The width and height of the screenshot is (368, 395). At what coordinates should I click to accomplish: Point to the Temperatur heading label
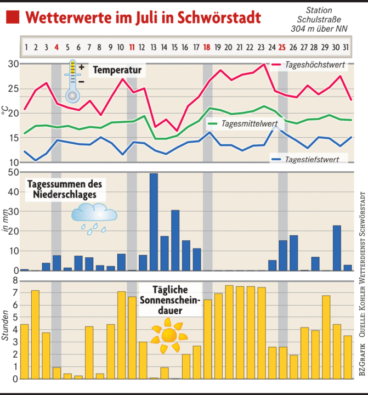[117, 70]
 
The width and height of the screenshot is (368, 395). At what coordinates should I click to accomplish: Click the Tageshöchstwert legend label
[315, 65]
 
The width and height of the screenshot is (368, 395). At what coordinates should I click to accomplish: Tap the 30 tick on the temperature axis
[13, 64]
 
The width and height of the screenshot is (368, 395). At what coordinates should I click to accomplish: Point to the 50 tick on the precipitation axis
[13, 172]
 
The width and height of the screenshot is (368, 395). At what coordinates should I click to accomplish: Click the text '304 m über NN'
[319, 28]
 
